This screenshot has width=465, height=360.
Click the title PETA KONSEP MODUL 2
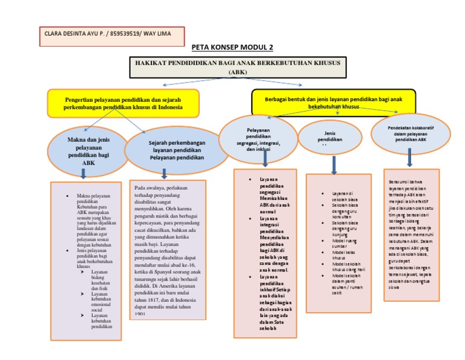232,47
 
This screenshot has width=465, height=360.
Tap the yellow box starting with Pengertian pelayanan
123,102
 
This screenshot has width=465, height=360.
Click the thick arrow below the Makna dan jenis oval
84,174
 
